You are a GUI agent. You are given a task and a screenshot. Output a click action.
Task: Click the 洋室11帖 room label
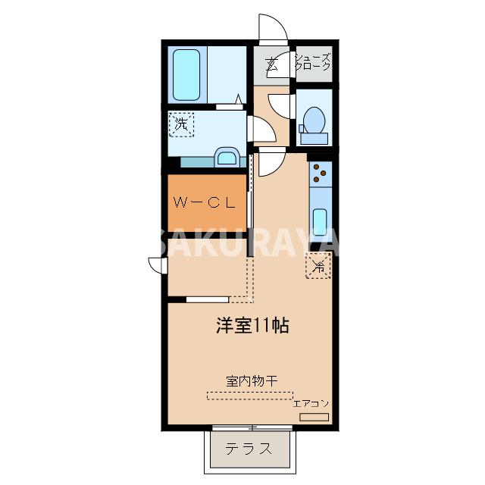252,327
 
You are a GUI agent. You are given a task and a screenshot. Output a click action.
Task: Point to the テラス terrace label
249,448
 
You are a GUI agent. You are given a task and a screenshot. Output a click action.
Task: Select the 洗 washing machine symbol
181,124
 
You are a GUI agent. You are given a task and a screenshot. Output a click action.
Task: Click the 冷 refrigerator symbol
318,266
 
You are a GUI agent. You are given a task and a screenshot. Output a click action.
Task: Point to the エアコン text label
311,403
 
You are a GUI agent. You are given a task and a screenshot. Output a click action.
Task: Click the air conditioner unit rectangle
314,417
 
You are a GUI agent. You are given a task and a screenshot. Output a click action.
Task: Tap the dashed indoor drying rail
249,395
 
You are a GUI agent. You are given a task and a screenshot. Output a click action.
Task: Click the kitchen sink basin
320,220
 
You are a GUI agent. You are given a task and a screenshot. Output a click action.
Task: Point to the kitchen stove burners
320,175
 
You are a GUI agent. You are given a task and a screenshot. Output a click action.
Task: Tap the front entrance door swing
272,29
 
